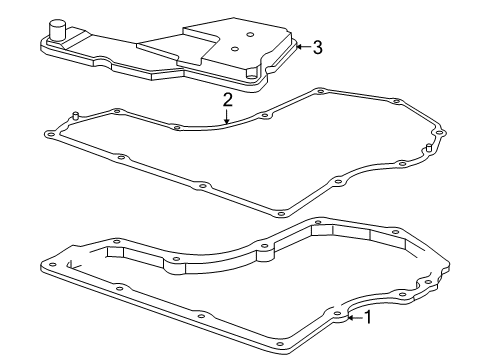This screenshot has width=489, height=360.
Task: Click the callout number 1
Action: pyautogui.click(x=368, y=318)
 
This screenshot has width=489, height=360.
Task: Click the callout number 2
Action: pyautogui.click(x=228, y=100)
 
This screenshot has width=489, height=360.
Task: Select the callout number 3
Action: pyautogui.click(x=317, y=47)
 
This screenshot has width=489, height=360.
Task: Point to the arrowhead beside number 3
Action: pyautogui.click(x=299, y=47)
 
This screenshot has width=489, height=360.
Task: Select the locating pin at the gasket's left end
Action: pyautogui.click(x=76, y=116)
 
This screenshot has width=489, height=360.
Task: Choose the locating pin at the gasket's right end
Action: pyautogui.click(x=428, y=149)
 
